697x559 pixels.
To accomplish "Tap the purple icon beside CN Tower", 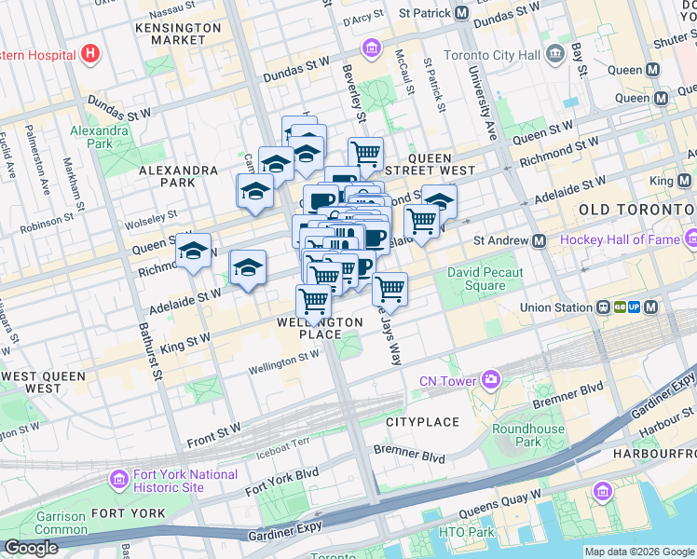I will (490, 379).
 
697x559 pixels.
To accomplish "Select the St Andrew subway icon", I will (539, 240).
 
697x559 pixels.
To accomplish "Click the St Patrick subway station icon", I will (461, 13).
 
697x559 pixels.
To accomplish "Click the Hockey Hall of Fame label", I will (619, 240).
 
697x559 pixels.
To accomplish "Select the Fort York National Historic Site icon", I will (118, 480).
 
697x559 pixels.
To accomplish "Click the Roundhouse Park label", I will (528, 435).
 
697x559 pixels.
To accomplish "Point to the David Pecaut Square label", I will (485, 279).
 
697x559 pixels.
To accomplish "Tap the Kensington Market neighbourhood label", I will (177, 34).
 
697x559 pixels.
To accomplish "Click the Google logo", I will (31, 549).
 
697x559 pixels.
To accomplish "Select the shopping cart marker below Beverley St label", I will (366, 153).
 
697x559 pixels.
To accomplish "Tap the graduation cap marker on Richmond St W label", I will (194, 252).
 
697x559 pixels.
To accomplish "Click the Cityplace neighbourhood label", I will (422, 422).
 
